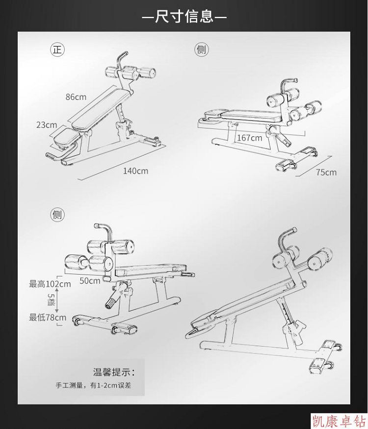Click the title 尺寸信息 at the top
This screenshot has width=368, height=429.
coord(184,16)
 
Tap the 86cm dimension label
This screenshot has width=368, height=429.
coord(76,97)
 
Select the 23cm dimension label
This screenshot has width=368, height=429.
coord(47,125)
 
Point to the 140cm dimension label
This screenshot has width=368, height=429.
coord(135,171)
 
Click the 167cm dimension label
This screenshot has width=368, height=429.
coord(249,138)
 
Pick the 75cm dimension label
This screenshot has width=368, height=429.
coord(326,173)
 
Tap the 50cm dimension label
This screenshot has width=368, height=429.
coord(90,281)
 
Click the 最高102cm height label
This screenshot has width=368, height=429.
coord(50,284)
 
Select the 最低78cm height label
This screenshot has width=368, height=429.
coord(48,317)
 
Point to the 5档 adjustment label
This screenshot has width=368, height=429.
coord(51,300)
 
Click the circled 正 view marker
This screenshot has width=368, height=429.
coord(57,50)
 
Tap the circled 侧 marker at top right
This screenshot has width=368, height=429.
coord(202,50)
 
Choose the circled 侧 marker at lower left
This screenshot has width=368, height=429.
coord(57,215)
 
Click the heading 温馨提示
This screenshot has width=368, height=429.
coord(114,372)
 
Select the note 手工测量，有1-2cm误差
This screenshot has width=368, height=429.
coord(93,385)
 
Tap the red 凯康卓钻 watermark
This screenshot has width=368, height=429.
coord(339,421)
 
